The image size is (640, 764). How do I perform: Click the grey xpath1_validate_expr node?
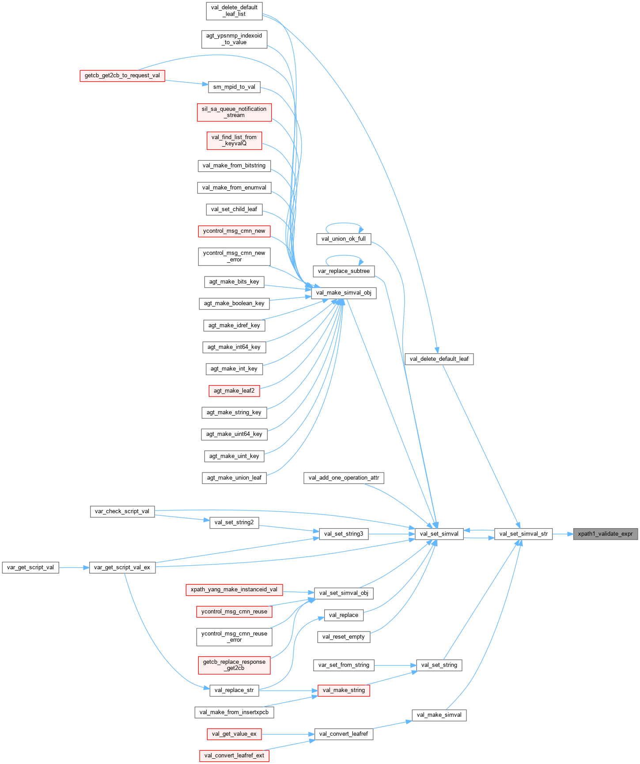(605, 534)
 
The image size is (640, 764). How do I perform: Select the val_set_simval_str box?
(523, 534)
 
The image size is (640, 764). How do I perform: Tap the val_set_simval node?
(439, 534)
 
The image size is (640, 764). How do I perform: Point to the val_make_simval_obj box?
(344, 293)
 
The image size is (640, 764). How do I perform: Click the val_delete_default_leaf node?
(439, 359)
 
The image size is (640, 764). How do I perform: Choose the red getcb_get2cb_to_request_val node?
(122, 76)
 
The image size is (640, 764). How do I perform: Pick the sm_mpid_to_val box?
(234, 87)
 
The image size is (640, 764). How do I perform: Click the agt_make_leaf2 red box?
(234, 391)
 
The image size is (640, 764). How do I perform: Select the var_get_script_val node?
(30, 567)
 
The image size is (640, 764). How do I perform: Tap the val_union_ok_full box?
(344, 239)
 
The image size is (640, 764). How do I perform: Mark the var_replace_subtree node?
(344, 271)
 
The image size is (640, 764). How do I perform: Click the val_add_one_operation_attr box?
(344, 478)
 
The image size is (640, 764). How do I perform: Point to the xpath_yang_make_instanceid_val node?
(234, 590)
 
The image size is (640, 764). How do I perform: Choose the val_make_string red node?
(344, 690)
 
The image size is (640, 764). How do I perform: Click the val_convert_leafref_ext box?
(234, 756)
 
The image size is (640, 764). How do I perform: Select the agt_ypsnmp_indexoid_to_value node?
(234, 39)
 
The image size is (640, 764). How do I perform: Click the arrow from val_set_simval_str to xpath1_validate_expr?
(563, 534)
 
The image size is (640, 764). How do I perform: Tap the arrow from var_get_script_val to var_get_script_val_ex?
(74, 567)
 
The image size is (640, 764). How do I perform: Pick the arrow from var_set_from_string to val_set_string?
(395, 665)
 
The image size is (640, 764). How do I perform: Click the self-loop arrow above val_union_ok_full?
(343, 224)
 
